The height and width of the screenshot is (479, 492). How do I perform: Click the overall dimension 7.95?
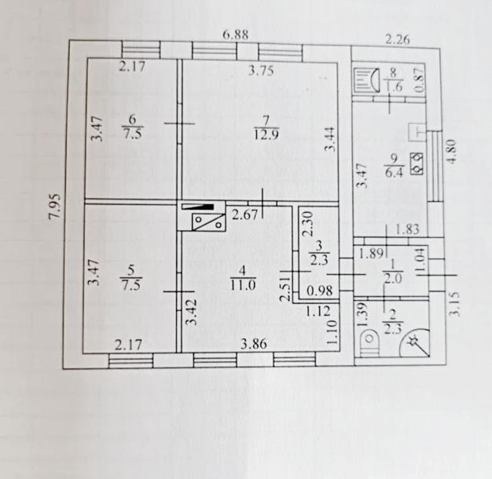(55, 207)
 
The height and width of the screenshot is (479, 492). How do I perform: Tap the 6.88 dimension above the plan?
(236, 35)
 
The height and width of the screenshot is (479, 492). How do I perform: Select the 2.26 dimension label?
(397, 40)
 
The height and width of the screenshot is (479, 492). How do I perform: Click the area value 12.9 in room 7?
(266, 135)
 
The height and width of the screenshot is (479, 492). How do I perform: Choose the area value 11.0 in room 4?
(243, 284)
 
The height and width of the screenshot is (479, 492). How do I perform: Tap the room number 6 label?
(132, 119)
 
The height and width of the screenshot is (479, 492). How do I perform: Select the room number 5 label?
(131, 270)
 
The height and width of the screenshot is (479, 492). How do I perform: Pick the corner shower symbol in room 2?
(415, 343)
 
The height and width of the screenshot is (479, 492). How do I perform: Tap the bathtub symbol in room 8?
(366, 81)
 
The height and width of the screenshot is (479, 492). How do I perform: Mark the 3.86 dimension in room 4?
(254, 344)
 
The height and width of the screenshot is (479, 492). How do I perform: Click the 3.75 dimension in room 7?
(261, 71)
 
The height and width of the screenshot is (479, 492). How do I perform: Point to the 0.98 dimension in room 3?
(319, 291)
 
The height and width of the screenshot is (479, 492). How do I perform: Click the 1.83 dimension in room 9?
(407, 230)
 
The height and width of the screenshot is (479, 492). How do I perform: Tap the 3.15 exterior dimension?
(454, 304)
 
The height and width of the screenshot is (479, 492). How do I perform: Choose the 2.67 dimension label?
(244, 214)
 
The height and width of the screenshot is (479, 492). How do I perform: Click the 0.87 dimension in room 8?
(420, 80)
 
